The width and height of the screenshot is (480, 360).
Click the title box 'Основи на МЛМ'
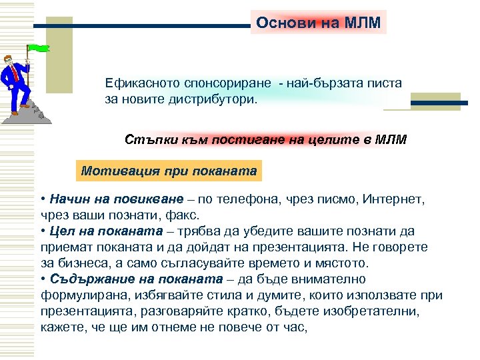319,23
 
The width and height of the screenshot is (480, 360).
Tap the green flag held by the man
39,48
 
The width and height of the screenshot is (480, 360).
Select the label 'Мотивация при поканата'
169,171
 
